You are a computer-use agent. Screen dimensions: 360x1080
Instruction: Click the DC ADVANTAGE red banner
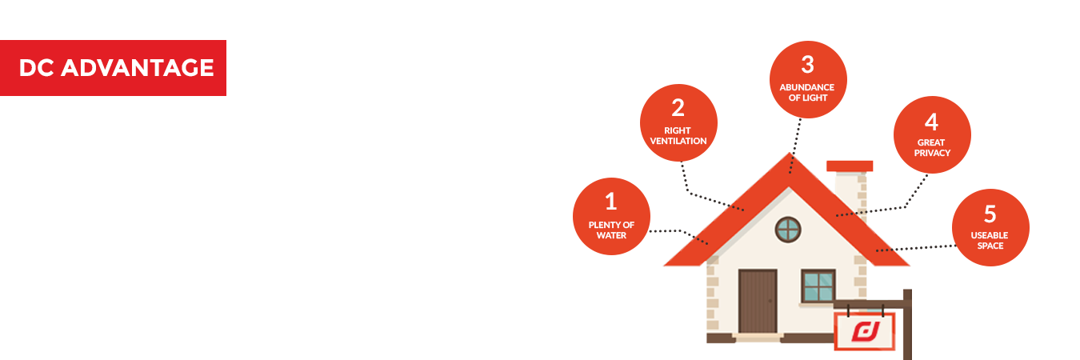click(114, 68)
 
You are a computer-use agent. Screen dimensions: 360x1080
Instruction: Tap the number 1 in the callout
click(611, 201)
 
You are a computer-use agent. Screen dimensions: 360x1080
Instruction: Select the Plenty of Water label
click(611, 230)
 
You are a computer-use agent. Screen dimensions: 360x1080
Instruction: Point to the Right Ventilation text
click(678, 136)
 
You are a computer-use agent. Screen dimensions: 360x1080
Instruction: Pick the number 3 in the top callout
click(807, 64)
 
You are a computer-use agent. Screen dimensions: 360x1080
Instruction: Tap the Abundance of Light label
click(807, 93)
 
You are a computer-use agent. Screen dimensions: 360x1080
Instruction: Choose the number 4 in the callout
click(931, 122)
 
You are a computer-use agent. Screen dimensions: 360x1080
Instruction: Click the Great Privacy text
click(931, 148)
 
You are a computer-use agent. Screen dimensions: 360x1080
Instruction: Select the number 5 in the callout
click(990, 214)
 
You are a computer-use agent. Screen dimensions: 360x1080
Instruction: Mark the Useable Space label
click(990, 241)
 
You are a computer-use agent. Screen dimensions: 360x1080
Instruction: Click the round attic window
click(788, 230)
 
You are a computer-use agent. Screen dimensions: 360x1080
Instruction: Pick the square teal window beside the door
click(818, 286)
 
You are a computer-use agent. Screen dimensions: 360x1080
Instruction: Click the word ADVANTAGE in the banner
click(137, 68)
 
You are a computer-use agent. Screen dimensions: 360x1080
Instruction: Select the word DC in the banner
click(36, 68)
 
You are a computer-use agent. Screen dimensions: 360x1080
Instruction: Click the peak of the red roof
click(790, 160)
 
